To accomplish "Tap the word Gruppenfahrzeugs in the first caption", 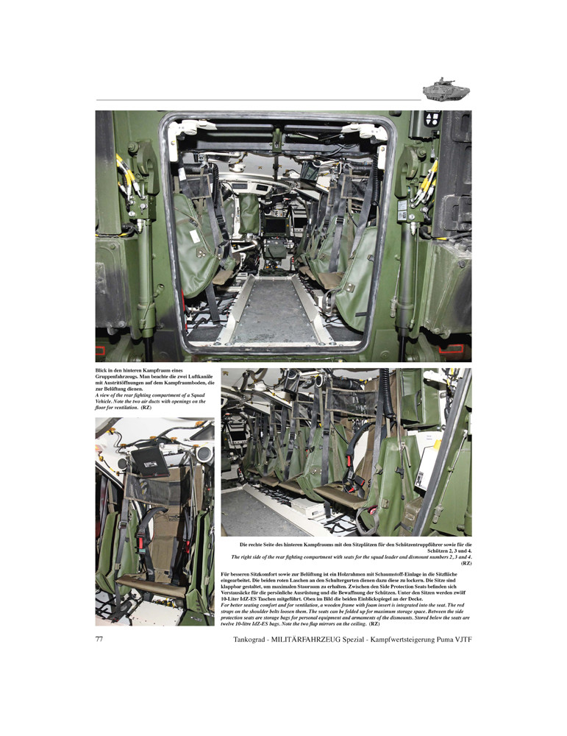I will pyautogui.click(x=119, y=375).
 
